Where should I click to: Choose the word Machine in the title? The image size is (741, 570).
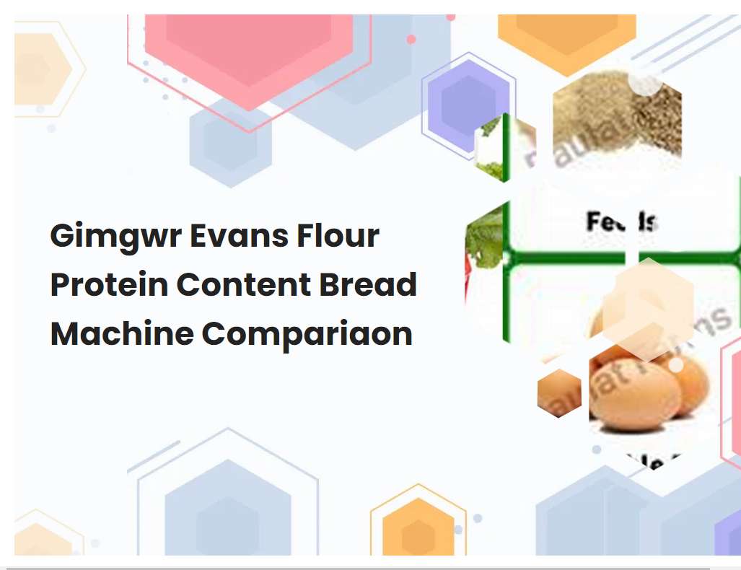coord(120,334)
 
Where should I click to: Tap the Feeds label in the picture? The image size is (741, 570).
coord(621,221)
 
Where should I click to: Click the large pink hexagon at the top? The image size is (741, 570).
coord(249,51)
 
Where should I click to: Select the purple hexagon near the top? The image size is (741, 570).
coord(468,105)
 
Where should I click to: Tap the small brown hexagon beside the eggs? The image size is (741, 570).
coord(559,393)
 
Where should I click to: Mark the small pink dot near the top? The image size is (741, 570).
coord(411,40)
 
